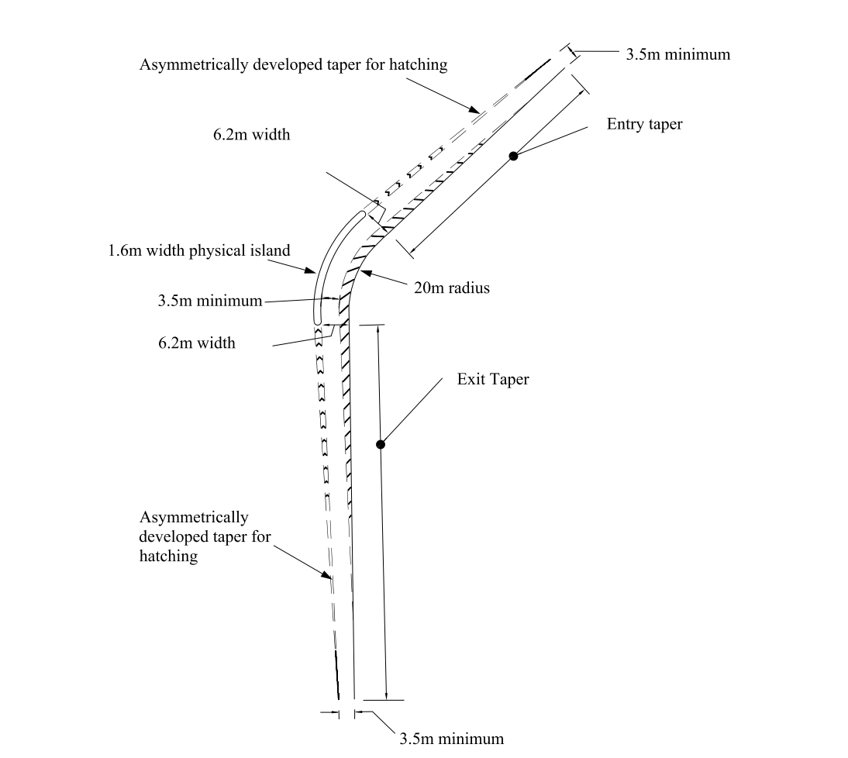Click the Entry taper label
(x=644, y=124)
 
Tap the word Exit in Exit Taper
(x=470, y=380)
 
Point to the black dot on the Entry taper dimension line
(x=513, y=157)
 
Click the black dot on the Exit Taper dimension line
(x=380, y=445)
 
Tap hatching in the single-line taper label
(x=419, y=65)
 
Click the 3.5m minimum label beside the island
(x=209, y=301)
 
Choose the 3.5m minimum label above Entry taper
(x=678, y=54)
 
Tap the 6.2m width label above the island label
(x=251, y=135)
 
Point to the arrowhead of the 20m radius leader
(x=364, y=272)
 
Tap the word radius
(x=469, y=288)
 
